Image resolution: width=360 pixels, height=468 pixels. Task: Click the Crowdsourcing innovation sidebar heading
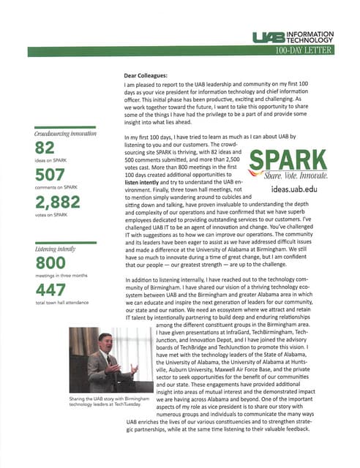pyautogui.click(x=66, y=135)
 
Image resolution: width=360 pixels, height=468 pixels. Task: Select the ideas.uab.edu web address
pyautogui.click(x=301, y=188)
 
